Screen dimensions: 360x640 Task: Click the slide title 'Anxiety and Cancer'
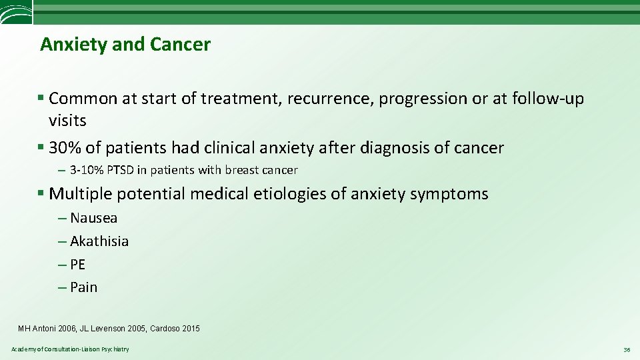pos(125,45)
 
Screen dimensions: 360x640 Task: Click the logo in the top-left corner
pos(15,12)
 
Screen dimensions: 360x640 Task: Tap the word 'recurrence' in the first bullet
pos(331,99)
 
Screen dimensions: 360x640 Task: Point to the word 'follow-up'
pos(547,99)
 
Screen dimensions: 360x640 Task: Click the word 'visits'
pos(67,121)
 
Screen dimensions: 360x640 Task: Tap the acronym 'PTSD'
pos(119,170)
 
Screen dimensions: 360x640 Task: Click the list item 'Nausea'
pos(93,218)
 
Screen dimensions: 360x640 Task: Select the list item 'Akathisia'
pos(99,241)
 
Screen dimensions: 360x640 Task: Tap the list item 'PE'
pos(77,264)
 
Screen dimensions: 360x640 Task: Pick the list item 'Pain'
pos(83,287)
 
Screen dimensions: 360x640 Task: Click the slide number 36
pos(626,349)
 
